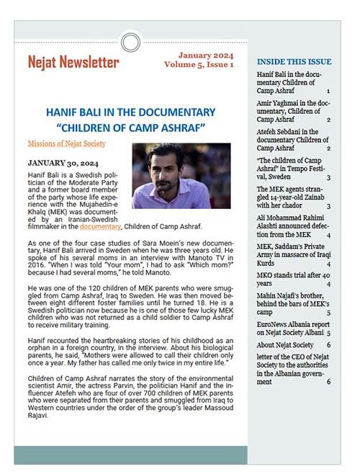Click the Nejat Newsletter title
[73, 62]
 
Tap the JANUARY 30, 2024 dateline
[59, 163]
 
